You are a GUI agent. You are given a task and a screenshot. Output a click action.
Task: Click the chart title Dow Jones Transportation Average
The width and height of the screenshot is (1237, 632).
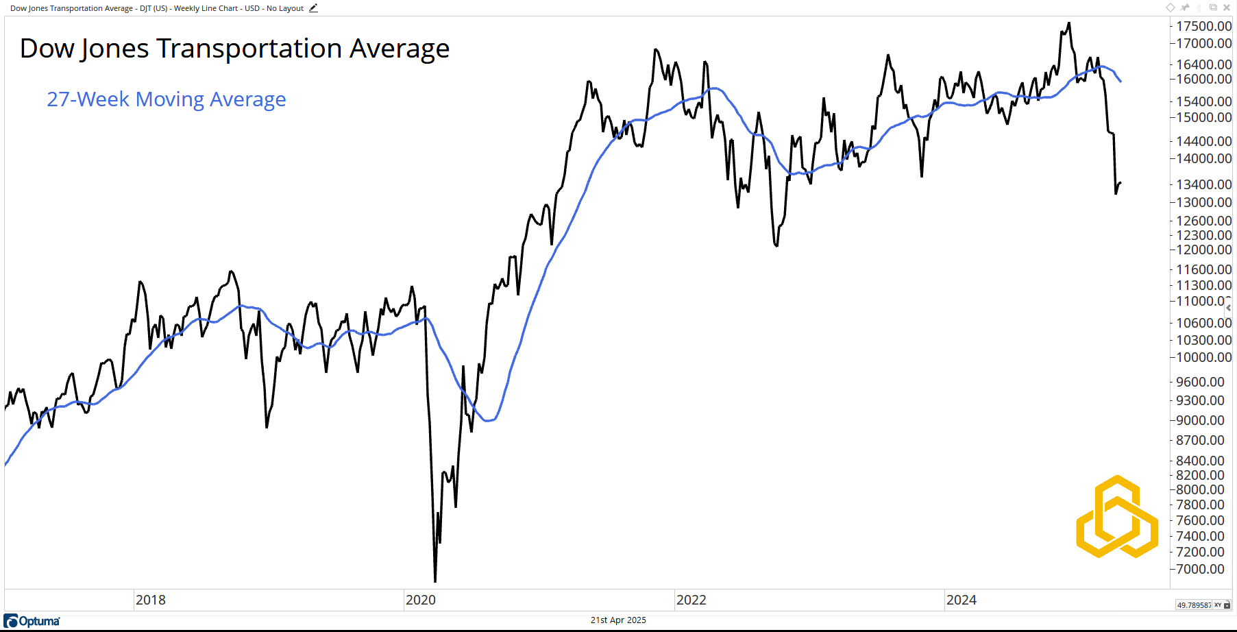[234, 49]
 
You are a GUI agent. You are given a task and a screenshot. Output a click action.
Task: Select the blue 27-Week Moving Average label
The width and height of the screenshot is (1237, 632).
[166, 99]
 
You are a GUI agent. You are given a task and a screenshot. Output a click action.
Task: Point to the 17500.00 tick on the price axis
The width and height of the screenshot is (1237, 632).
[1203, 26]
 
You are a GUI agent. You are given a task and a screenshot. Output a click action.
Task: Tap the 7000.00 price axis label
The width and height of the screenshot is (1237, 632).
[1200, 569]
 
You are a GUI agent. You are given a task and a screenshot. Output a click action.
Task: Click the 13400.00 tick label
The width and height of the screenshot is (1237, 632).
[1203, 184]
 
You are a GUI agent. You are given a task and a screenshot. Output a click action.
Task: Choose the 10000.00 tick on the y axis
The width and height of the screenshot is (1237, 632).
[1203, 357]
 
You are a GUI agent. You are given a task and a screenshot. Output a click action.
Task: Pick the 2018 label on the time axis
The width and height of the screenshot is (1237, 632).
[151, 600]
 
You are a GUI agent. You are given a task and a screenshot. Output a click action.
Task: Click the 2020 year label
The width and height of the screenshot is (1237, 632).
[421, 600]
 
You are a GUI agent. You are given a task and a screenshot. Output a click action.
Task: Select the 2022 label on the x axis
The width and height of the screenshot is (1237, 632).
[691, 600]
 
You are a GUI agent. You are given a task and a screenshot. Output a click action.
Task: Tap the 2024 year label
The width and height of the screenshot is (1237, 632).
[961, 600]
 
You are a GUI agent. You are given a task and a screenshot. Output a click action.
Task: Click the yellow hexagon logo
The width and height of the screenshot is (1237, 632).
[1117, 517]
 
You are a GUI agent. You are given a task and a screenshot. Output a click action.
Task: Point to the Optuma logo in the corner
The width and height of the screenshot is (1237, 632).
[32, 621]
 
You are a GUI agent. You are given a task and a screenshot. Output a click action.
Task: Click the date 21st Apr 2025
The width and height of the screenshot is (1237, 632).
[618, 620]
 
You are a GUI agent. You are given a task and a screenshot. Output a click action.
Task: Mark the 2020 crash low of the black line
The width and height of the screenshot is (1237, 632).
[435, 581]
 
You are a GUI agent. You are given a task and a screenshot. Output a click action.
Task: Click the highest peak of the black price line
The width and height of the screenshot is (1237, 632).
[1069, 23]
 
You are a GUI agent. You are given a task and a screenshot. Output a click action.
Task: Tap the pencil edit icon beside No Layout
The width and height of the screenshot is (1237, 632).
[313, 8]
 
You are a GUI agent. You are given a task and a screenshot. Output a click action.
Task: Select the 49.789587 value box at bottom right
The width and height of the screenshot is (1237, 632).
[1193, 605]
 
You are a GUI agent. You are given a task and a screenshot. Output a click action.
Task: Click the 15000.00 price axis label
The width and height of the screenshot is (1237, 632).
[1203, 117]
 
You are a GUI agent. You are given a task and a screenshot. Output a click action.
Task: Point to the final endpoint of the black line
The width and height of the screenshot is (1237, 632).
[1120, 183]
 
